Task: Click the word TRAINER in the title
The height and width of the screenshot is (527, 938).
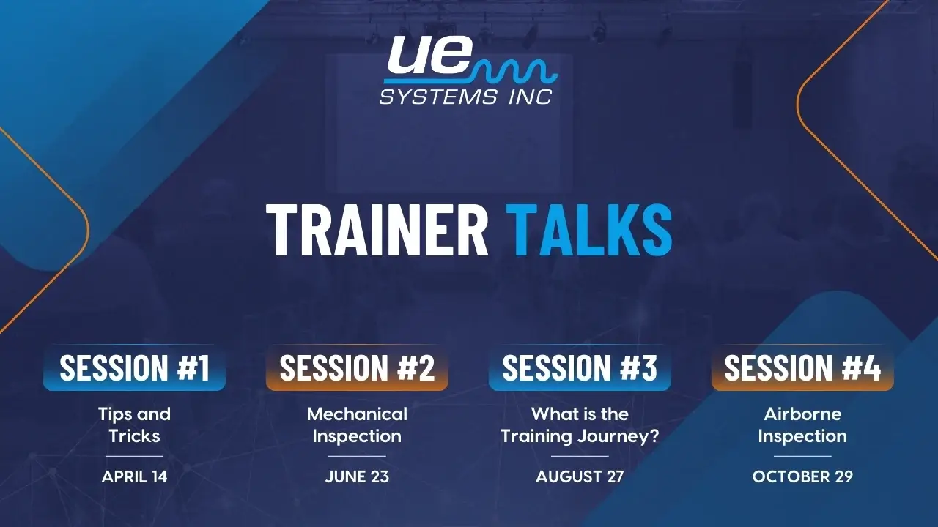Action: tap(377, 230)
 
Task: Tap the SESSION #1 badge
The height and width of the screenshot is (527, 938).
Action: tap(134, 367)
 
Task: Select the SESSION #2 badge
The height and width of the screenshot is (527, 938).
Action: tap(357, 367)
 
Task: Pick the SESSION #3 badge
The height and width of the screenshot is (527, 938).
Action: tap(580, 367)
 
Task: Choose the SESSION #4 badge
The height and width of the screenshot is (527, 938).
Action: tap(802, 367)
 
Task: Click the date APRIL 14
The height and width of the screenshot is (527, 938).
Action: tap(134, 476)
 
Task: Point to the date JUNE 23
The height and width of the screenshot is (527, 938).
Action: tap(357, 476)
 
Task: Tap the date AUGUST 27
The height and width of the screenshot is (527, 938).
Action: tap(580, 476)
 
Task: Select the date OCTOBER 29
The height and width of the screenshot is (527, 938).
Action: tap(802, 476)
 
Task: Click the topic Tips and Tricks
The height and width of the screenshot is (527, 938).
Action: tap(134, 425)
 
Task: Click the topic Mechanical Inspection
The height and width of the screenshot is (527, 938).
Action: tap(357, 425)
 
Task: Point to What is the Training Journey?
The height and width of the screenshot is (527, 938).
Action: tap(580, 425)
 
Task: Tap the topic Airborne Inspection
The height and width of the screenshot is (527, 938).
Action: tap(802, 425)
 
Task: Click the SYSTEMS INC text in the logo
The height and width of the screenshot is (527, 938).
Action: tap(465, 97)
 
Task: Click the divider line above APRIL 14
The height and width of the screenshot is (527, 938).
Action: tap(134, 456)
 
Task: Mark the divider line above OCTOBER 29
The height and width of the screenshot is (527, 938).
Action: tap(802, 456)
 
